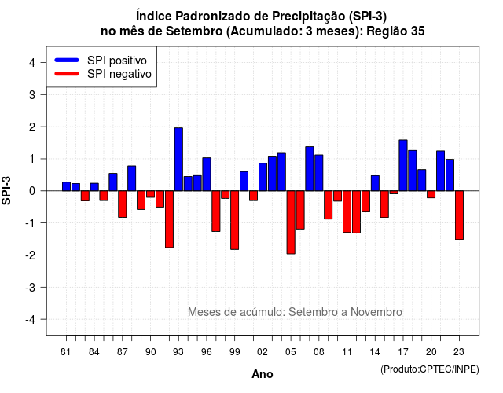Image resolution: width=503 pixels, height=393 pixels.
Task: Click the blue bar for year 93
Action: tap(178, 159)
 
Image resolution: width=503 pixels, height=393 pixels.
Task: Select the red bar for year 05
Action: tap(291, 222)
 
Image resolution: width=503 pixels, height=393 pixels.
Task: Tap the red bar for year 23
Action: tap(459, 215)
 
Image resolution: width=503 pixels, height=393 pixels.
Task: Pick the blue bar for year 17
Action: tap(403, 165)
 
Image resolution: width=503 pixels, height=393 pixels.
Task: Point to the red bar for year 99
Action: tap(235, 220)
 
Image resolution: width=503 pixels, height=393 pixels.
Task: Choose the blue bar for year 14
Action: tap(375, 183)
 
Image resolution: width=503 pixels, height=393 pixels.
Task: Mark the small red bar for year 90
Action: tap(150, 194)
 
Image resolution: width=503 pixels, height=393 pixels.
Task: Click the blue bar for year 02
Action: tap(263, 177)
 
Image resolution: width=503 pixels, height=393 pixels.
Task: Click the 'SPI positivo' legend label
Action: tap(117, 61)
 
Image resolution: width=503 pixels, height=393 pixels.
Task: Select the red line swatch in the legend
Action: tap(67, 74)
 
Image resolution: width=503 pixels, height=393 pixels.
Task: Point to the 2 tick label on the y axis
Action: tap(32, 127)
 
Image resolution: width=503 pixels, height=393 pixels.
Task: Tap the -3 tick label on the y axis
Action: tap(31, 287)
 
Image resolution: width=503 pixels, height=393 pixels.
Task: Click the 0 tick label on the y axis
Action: tap(32, 191)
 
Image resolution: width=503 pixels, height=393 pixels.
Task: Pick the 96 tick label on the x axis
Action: tap(207, 352)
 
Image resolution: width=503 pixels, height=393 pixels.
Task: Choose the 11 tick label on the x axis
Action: tap(347, 352)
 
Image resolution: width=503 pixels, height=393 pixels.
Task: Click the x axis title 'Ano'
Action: tap(263, 374)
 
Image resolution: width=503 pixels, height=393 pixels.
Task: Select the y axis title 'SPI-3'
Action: tap(6, 190)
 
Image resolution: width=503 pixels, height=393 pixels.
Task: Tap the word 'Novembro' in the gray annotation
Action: tap(376, 312)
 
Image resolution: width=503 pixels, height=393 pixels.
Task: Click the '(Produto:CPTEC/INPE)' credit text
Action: tap(430, 369)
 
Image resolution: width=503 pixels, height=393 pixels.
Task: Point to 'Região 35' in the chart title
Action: tap(395, 31)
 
